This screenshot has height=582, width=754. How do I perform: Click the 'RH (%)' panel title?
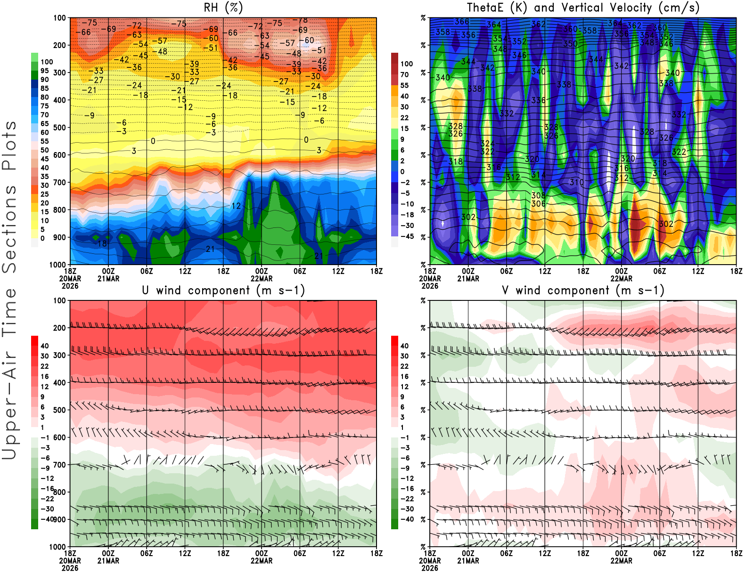(x=223, y=8)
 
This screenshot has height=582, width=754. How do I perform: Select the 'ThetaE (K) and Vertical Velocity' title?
(x=583, y=8)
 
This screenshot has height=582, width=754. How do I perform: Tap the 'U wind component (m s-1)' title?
(x=223, y=291)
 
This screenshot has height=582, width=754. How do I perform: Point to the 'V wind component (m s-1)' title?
(x=583, y=291)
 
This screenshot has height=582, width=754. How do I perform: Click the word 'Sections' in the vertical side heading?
(x=9, y=228)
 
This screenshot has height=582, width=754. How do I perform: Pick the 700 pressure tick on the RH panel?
(x=59, y=182)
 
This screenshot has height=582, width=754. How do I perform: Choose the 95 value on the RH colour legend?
(x=45, y=71)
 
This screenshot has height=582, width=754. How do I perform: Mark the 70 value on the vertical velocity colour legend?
(x=404, y=74)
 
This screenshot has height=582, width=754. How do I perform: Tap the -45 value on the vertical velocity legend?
(x=406, y=236)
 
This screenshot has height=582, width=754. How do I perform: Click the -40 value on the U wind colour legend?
(x=47, y=519)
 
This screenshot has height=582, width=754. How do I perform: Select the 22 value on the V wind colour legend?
(x=404, y=366)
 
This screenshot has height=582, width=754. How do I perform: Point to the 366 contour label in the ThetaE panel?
(x=462, y=22)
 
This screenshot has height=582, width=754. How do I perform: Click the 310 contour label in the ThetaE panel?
(x=576, y=182)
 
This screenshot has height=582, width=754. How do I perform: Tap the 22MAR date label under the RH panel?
(x=262, y=278)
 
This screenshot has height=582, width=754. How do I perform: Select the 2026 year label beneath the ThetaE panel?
(x=430, y=286)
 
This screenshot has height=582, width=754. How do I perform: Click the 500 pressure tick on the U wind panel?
(x=59, y=410)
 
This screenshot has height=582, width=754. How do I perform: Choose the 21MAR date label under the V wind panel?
(x=468, y=561)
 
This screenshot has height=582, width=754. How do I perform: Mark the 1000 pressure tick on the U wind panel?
(x=57, y=547)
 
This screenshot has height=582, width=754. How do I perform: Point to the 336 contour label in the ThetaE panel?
(x=538, y=100)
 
